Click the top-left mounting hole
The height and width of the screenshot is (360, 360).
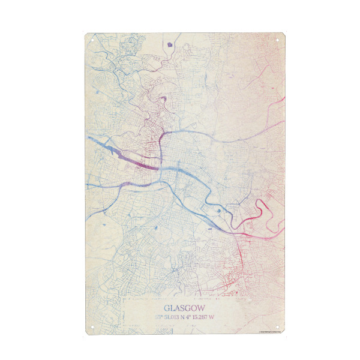(92, 39)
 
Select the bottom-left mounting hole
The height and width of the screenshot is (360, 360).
(92, 328)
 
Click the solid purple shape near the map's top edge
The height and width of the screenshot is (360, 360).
(171, 43)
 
